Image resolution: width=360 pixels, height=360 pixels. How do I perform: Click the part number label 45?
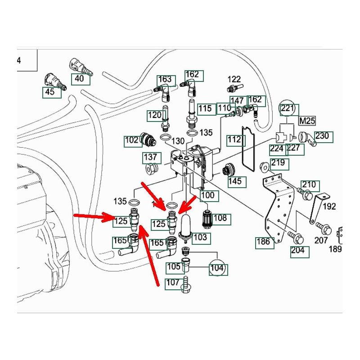(49, 92)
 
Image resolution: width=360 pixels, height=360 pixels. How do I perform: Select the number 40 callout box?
(79, 79)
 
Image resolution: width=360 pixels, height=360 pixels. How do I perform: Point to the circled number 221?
(288, 108)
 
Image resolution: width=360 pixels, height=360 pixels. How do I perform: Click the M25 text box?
(307, 121)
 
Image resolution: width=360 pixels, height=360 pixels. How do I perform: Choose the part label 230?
(322, 136)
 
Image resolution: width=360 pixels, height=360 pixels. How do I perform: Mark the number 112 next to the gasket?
(234, 140)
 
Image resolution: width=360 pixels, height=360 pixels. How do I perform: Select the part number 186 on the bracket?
(264, 242)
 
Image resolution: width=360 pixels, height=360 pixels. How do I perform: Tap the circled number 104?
(217, 269)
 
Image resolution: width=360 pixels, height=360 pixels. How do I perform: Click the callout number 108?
(220, 219)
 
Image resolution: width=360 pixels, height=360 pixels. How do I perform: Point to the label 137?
(151, 157)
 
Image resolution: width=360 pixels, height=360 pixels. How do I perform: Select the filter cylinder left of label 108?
(207, 217)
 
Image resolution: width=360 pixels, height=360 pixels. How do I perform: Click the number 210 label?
(309, 185)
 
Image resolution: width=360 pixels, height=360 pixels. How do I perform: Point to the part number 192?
(329, 206)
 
